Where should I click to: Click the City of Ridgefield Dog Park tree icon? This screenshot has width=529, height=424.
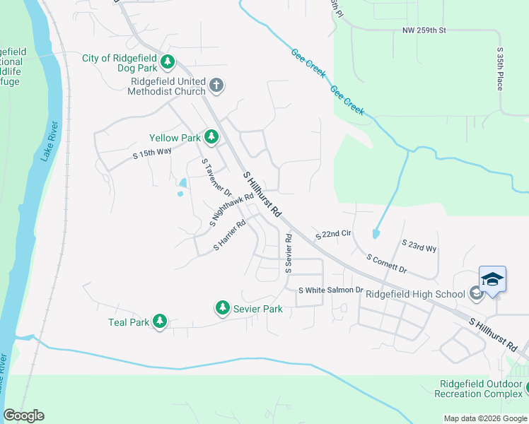(x=168, y=62)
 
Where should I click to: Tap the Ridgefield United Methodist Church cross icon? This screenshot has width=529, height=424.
(x=217, y=86)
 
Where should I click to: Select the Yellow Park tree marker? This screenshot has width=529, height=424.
(x=211, y=135)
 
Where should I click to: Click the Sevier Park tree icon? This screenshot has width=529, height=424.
(x=223, y=307)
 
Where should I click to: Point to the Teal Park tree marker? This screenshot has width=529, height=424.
(x=160, y=322)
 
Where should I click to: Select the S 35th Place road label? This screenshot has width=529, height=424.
(x=500, y=69)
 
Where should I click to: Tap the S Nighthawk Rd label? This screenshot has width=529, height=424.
(x=231, y=210)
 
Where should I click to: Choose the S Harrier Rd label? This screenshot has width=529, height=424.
(x=230, y=235)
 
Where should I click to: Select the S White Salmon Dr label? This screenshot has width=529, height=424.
(x=330, y=290)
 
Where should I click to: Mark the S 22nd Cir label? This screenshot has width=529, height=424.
(x=334, y=234)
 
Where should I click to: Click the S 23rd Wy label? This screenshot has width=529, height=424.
(x=419, y=245)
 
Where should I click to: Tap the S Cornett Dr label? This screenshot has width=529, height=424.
(x=386, y=264)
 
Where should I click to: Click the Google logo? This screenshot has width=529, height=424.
(x=23, y=416)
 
